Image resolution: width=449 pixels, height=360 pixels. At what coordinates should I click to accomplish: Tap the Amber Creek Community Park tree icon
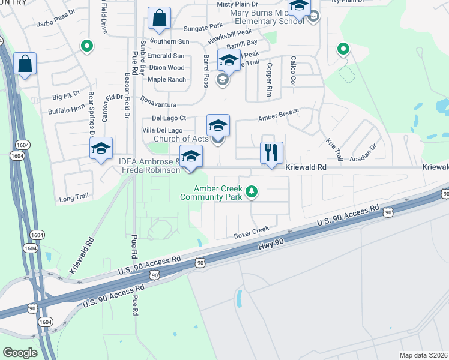tap(253, 192)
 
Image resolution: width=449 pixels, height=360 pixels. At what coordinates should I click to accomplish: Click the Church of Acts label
tap(181, 139)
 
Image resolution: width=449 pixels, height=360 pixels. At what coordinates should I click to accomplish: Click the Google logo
tap(20, 352)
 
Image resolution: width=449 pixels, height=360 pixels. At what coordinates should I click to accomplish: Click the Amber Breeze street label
tap(279, 116)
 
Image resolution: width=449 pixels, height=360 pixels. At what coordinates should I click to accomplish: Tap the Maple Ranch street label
tap(166, 79)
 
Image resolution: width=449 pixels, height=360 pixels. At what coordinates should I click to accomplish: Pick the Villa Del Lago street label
tap(162, 130)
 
